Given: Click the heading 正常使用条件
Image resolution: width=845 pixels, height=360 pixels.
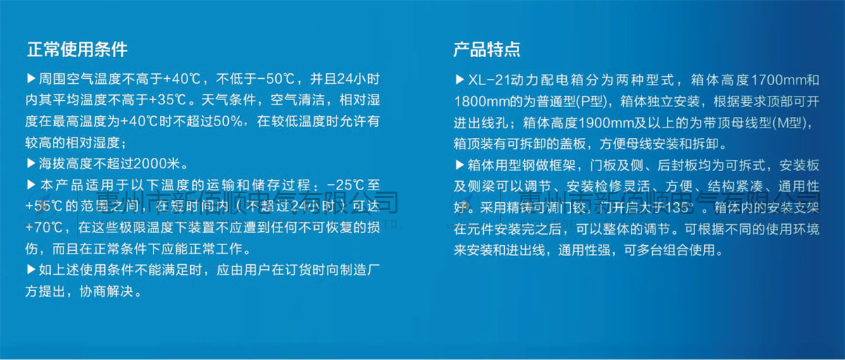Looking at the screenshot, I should tap(77, 50).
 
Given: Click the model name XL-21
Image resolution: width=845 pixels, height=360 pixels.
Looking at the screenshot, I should tap(484, 79).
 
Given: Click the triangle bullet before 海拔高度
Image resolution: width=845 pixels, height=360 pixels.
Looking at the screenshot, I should tap(30, 163).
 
